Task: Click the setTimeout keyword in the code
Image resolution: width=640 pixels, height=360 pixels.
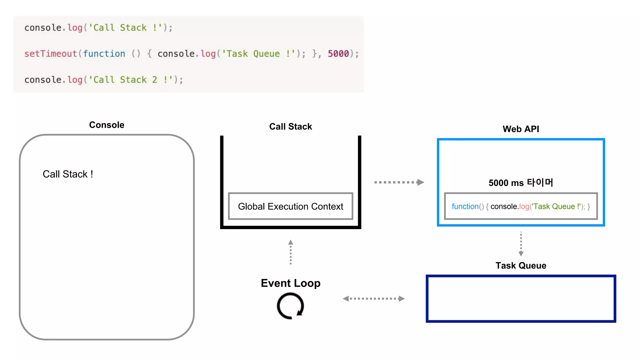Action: tap(50, 54)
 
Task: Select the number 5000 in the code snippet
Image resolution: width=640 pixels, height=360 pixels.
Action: tap(338, 54)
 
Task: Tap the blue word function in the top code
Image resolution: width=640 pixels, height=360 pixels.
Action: tap(104, 54)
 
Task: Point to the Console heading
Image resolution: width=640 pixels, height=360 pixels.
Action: tap(107, 125)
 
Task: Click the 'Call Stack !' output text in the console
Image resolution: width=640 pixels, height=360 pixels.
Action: tap(68, 174)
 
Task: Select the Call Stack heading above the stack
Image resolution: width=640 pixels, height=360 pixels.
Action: tap(290, 127)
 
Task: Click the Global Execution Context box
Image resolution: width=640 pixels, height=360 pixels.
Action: tap(290, 206)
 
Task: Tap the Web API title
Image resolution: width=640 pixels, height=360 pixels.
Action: tap(521, 129)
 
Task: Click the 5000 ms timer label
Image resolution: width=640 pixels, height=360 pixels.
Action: tap(521, 182)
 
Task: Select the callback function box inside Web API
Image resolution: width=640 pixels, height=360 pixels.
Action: tap(521, 206)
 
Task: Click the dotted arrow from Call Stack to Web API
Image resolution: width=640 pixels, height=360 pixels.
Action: tap(399, 182)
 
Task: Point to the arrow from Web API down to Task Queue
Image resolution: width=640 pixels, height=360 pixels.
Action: tap(521, 244)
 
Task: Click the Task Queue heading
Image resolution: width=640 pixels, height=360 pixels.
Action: tap(521, 266)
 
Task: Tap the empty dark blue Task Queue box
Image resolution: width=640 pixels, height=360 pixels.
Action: tap(521, 299)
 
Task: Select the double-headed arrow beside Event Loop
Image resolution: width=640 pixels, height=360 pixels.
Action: tap(373, 299)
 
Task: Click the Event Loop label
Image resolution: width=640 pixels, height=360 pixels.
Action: tap(290, 283)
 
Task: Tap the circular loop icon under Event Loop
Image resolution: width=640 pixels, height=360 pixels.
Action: tap(290, 306)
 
